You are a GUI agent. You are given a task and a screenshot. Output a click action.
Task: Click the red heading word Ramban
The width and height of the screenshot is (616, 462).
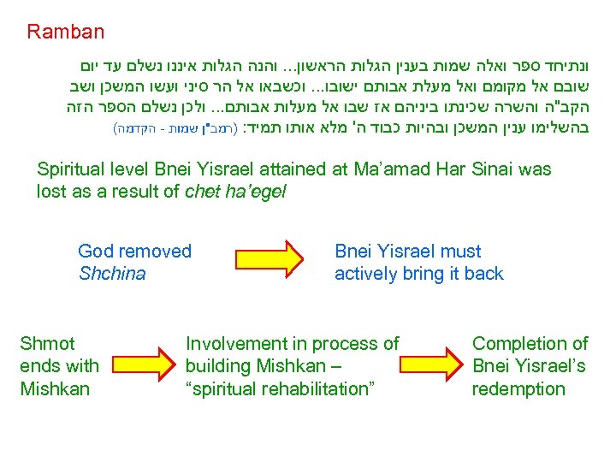coord(65,33)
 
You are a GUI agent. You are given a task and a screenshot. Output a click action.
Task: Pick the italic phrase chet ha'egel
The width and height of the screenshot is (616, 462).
coord(235,192)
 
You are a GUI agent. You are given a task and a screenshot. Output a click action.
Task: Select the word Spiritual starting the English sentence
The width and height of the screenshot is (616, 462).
coord(71,169)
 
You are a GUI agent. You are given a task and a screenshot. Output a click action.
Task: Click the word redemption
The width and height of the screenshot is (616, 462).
coord(519,389)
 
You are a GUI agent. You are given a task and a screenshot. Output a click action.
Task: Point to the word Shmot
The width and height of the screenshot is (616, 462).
coord(47,344)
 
